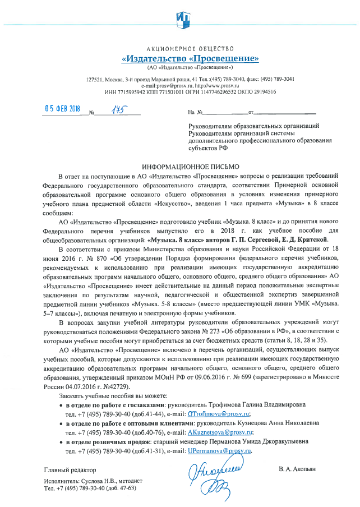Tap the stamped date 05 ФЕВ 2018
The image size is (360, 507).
coord(63,110)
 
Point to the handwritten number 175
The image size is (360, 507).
coord(118,111)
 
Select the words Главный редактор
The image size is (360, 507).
coord(70,469)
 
